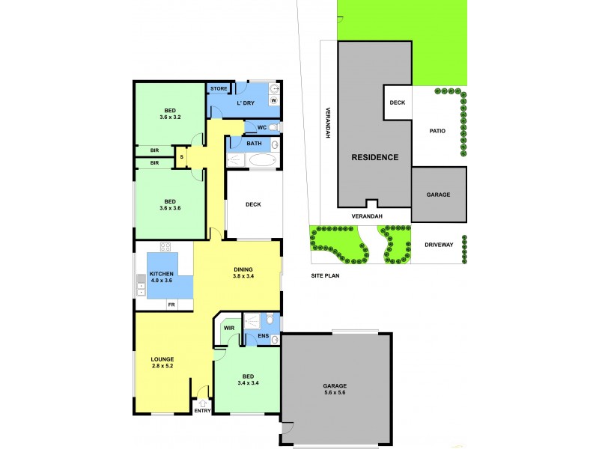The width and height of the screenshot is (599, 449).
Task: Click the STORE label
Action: [219, 89]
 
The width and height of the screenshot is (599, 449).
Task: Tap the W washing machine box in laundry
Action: [274, 100]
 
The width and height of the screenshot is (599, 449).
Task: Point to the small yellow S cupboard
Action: [181, 156]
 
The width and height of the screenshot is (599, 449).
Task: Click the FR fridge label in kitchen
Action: [171, 305]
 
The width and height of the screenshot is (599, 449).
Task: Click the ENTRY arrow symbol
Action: [201, 403]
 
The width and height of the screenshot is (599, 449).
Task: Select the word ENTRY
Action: [203, 411]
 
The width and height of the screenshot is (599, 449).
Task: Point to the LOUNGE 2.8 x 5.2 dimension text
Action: [162, 366]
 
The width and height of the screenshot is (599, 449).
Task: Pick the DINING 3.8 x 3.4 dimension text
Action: [243, 275]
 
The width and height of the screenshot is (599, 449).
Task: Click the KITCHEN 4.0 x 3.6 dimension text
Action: [160, 280]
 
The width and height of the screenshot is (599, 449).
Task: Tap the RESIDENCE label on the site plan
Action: [375, 157]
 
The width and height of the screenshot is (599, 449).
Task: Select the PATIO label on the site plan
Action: [437, 131]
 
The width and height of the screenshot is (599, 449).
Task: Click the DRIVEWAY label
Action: [439, 245]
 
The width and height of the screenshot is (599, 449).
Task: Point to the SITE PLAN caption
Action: [326, 276]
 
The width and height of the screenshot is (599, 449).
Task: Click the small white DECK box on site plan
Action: [398, 103]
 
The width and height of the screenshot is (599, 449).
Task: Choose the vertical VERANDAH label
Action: [327, 120]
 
